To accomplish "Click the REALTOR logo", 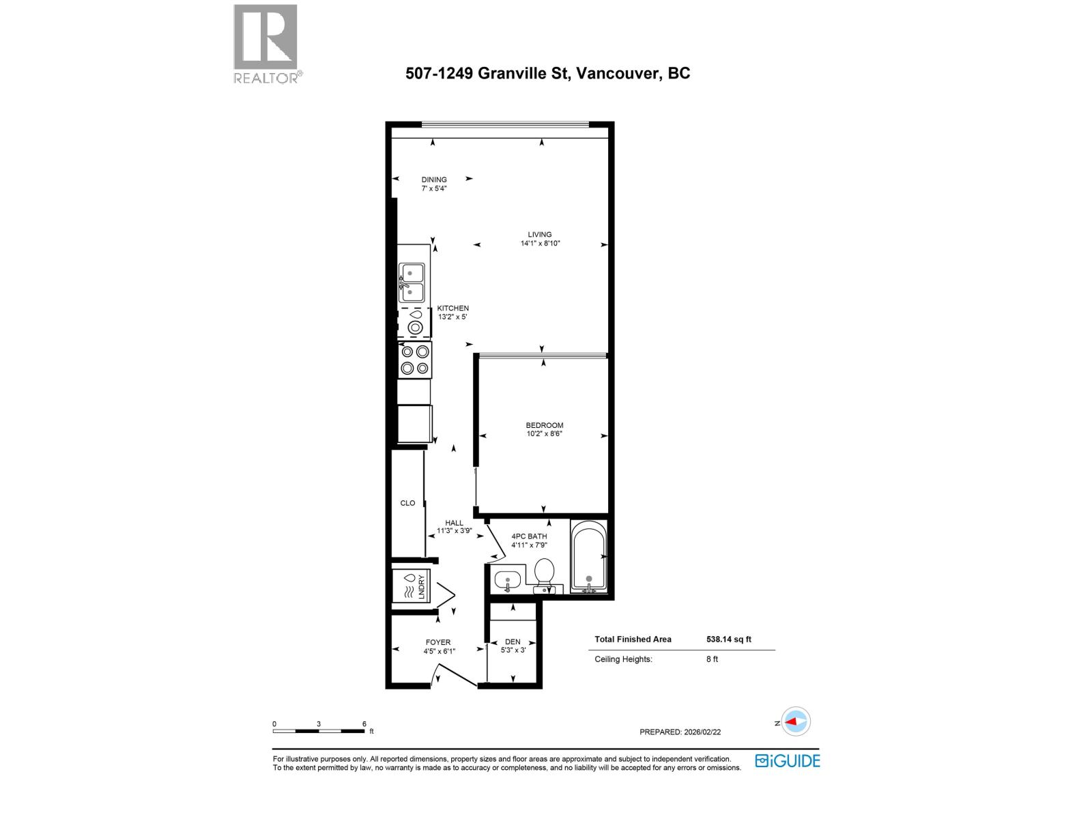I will tap(266, 44).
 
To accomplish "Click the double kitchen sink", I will tap(412, 283).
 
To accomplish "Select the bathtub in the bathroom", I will tap(588, 556).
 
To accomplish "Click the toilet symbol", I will tap(544, 573).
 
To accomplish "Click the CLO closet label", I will tap(407, 503).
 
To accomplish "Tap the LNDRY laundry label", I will tap(422, 587).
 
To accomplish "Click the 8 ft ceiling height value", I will tap(712, 659).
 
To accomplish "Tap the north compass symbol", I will tap(795, 721).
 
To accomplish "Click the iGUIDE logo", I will tap(788, 761).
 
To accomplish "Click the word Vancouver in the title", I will tap(618, 74).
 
